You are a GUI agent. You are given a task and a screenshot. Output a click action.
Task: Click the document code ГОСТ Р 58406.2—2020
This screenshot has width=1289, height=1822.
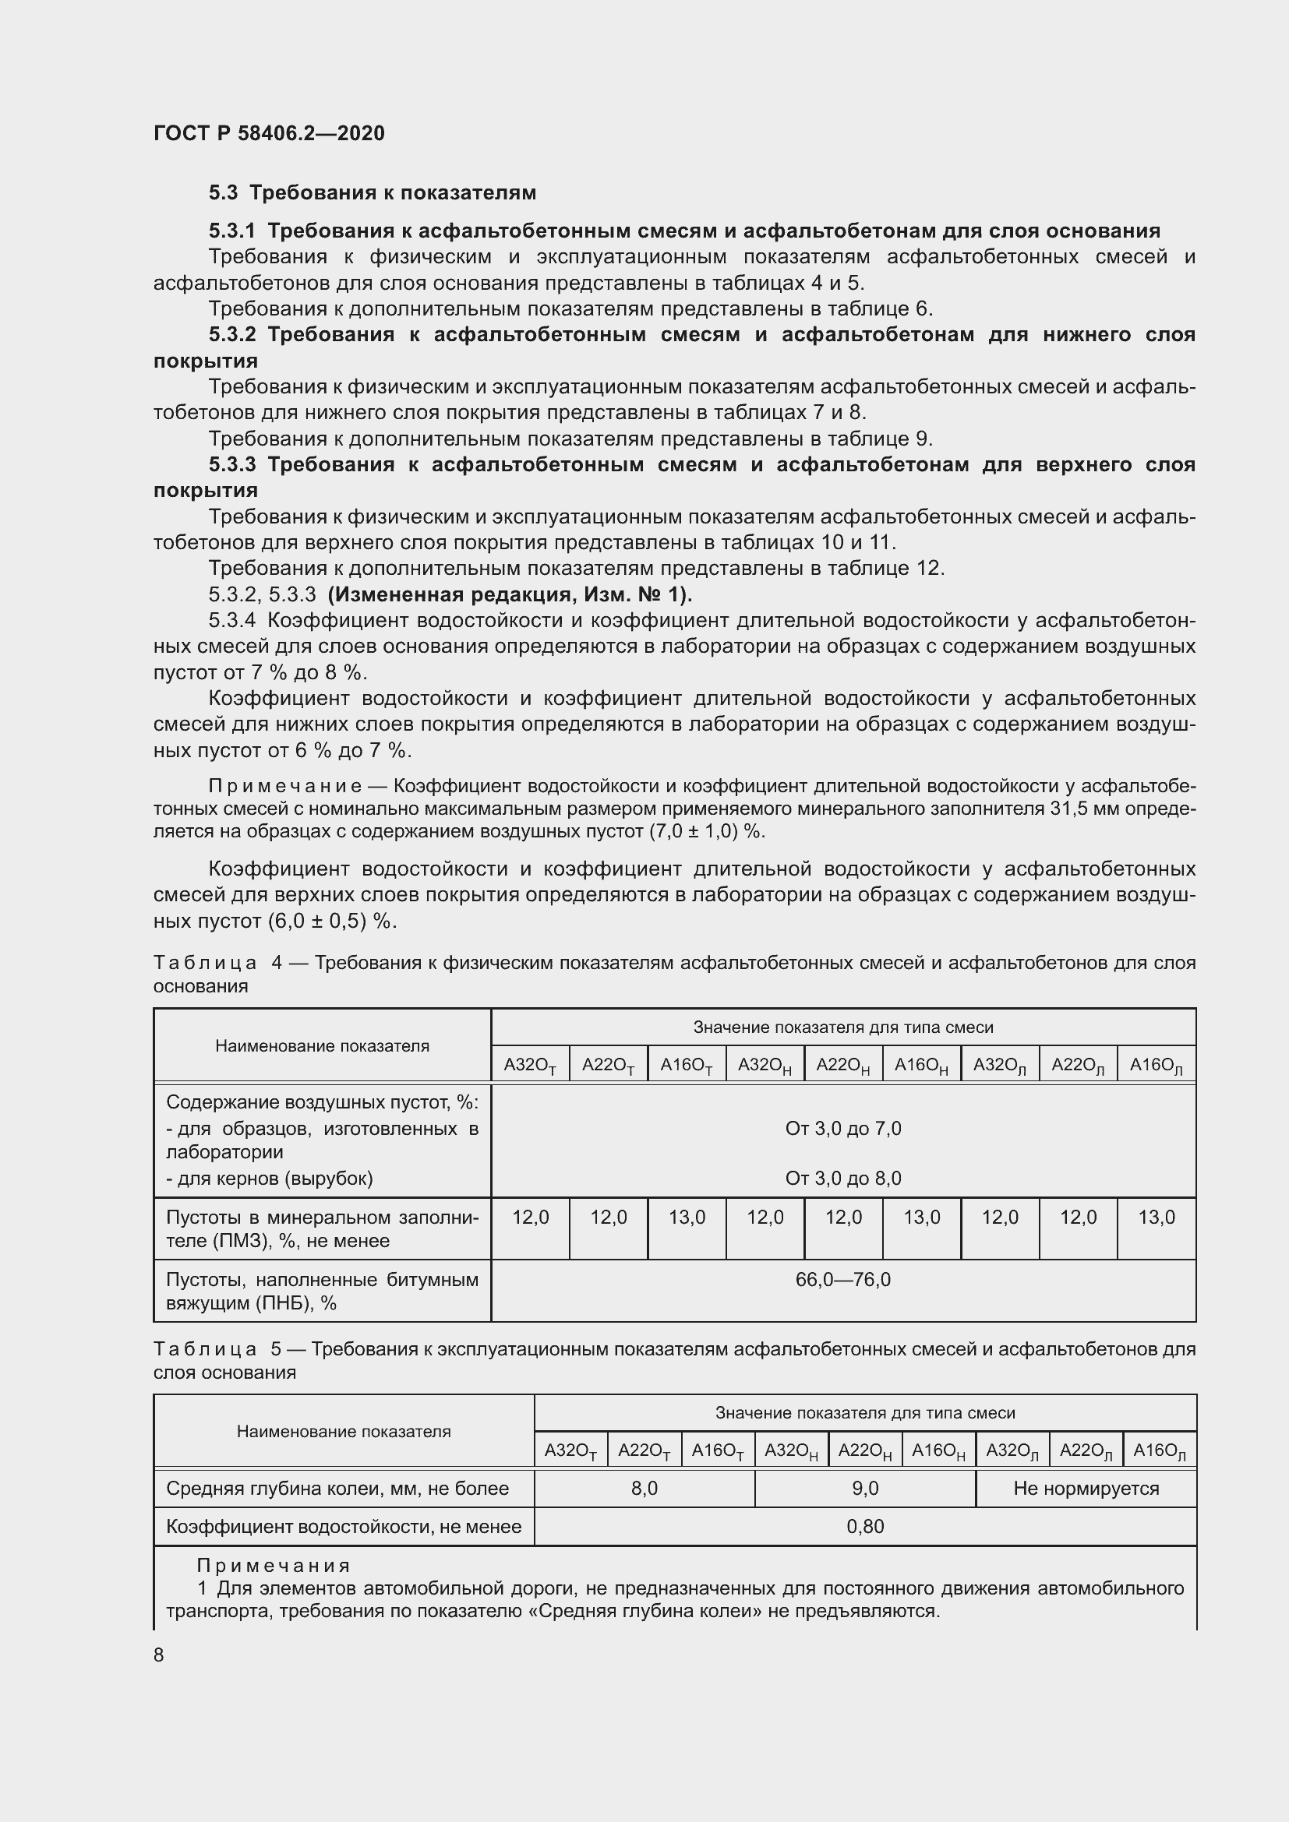tap(268, 133)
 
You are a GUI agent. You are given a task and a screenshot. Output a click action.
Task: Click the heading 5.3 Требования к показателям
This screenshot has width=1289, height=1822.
tap(373, 193)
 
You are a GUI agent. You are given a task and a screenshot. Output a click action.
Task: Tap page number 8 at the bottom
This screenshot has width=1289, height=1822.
tap(159, 1655)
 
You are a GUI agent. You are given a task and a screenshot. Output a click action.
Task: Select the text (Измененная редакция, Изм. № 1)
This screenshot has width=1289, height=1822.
tap(510, 594)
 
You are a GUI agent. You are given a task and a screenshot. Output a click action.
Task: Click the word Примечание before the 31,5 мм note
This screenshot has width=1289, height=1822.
tap(285, 786)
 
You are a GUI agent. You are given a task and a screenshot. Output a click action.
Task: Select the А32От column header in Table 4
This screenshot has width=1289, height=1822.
tap(529, 1065)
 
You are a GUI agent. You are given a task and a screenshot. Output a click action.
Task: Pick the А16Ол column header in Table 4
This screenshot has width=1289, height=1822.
tap(1156, 1065)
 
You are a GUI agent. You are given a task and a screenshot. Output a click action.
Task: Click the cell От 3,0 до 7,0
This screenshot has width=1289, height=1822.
tap(843, 1129)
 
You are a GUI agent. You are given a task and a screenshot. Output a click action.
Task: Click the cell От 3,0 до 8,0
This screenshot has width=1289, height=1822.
tap(843, 1179)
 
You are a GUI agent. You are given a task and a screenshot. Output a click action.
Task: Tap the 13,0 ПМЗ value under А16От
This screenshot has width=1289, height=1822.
tap(687, 1218)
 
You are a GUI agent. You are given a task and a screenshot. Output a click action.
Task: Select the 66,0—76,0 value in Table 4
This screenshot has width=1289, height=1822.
tap(843, 1279)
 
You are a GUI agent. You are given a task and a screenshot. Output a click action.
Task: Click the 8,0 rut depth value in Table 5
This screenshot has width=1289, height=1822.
tap(644, 1489)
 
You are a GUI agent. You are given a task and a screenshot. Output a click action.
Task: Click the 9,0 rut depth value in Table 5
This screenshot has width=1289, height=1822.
tap(864, 1489)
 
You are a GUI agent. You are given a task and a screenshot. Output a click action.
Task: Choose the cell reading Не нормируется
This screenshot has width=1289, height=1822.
tap(1085, 1489)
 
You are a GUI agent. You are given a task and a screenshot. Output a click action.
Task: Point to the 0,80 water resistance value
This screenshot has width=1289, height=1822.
tap(864, 1527)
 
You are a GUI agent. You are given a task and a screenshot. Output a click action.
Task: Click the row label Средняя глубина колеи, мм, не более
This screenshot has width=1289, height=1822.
tap(337, 1489)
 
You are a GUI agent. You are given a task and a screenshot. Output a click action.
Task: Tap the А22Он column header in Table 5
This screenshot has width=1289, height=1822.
tap(864, 1450)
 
